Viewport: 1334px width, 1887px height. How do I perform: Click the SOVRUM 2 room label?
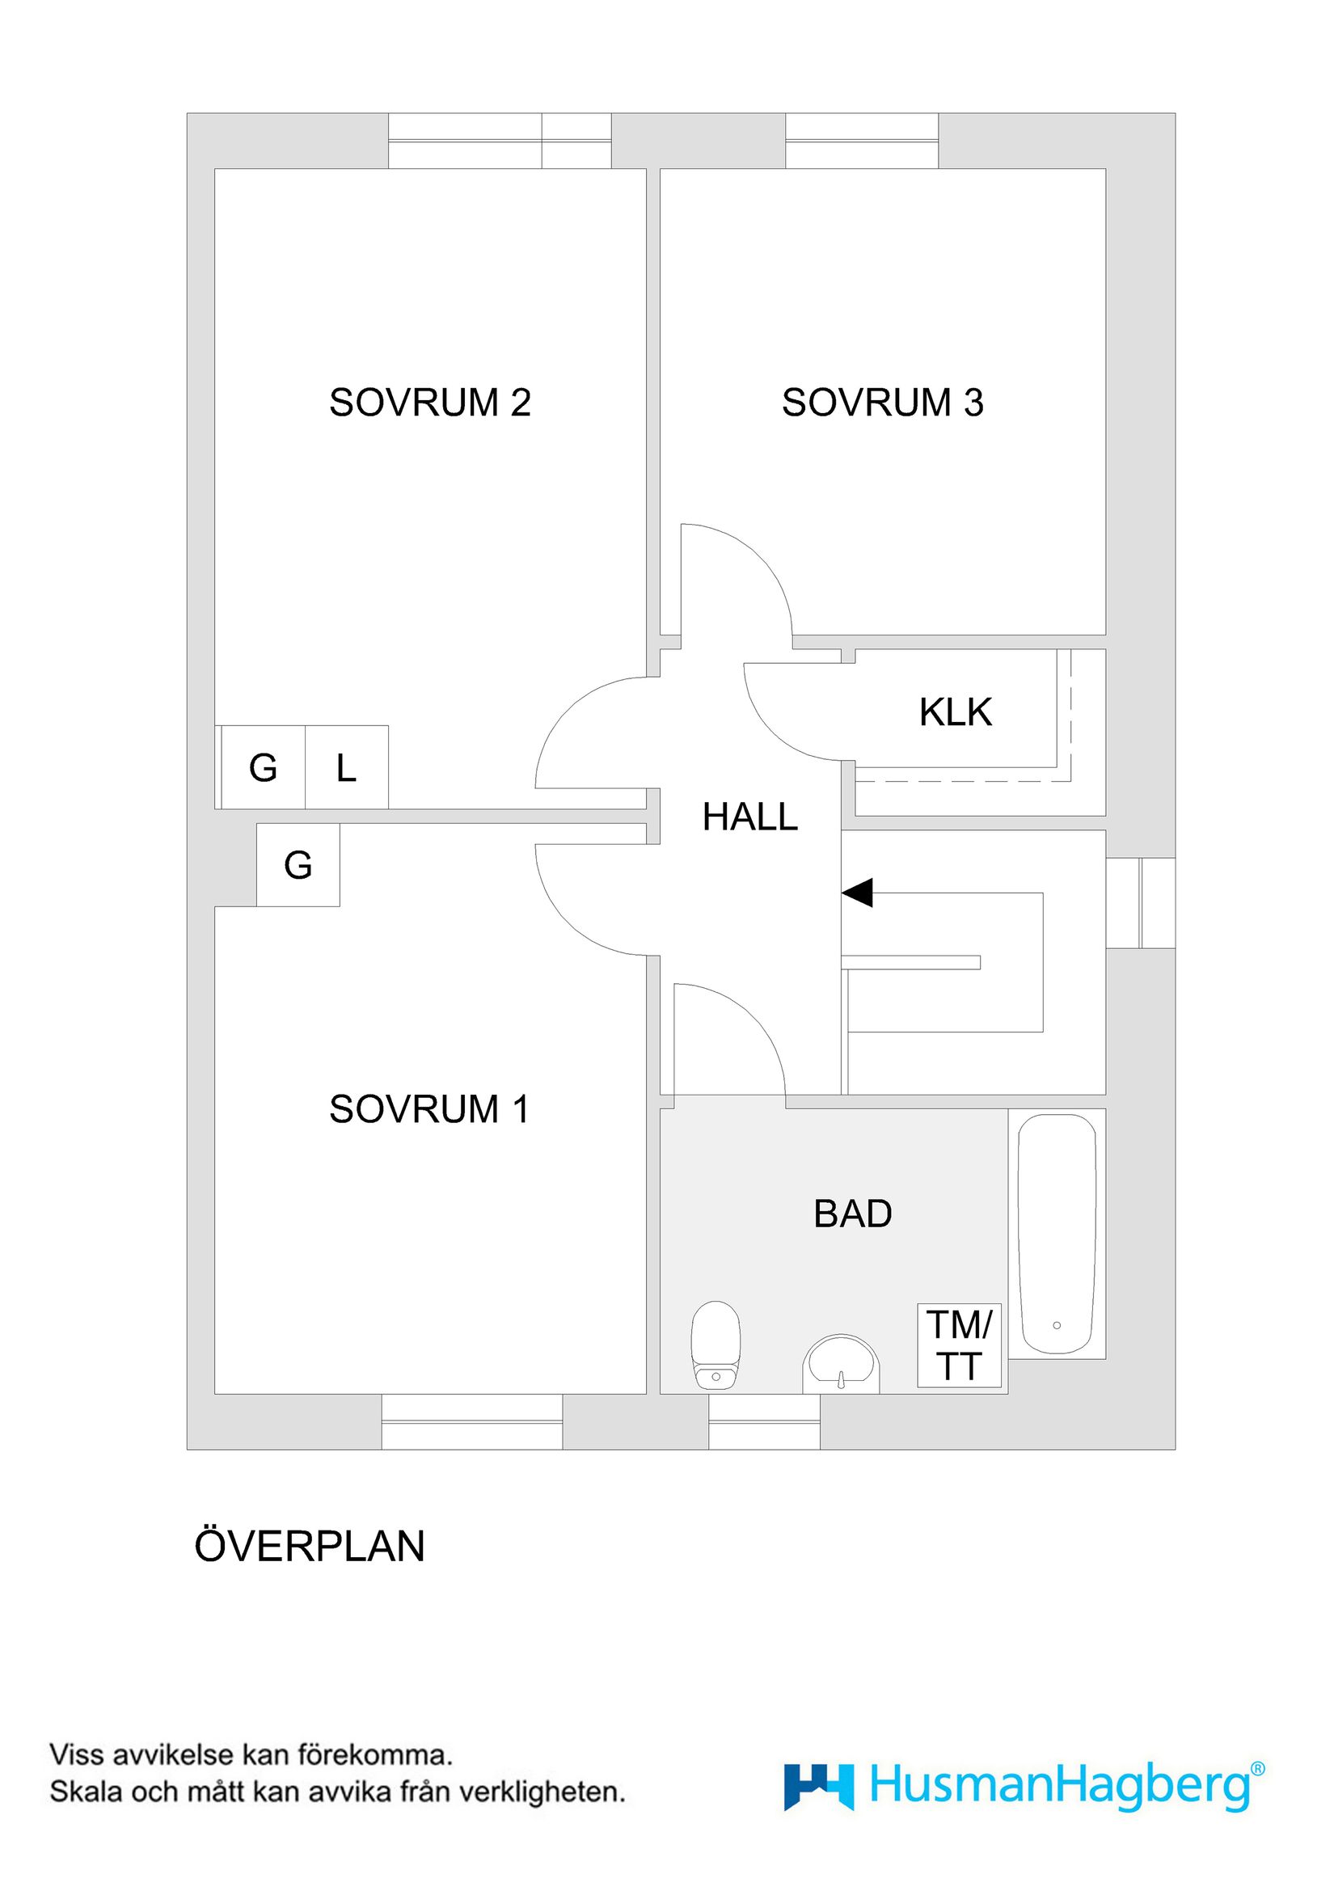[x=430, y=403]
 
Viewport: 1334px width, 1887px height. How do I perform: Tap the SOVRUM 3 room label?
[x=882, y=403]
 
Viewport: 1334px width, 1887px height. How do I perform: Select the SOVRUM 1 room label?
[x=429, y=1109]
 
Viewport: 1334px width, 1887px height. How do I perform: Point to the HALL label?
[x=749, y=817]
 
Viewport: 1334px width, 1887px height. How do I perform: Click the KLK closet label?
[x=955, y=711]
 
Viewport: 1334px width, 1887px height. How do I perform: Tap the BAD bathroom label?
[x=852, y=1214]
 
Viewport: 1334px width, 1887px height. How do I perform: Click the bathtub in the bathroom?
[x=1057, y=1234]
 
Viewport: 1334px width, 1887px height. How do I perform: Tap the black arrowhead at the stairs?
[x=857, y=893]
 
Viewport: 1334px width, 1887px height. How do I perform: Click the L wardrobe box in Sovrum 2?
[x=346, y=768]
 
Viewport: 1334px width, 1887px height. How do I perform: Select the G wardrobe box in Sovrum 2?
[x=263, y=768]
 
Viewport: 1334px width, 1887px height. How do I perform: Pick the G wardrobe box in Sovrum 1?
[x=298, y=865]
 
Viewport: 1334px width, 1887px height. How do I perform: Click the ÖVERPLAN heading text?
[x=309, y=1547]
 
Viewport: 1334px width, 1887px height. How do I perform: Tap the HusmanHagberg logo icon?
[x=818, y=1787]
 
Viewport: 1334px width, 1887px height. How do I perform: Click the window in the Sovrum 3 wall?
[x=861, y=141]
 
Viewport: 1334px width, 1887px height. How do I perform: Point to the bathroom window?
[x=763, y=1423]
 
